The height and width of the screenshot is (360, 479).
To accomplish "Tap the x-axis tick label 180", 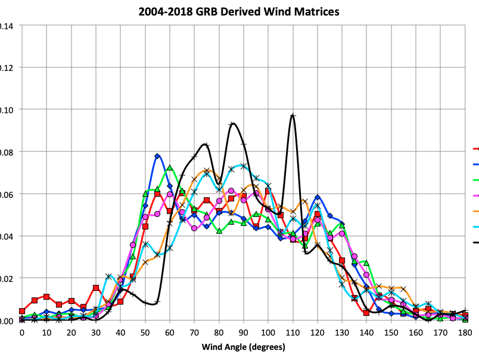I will (x=465, y=332).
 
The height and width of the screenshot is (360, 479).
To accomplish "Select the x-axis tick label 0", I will (x=22, y=332).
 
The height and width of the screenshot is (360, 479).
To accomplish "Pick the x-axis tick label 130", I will (x=342, y=332).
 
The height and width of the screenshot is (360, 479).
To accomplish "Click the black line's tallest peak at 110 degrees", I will (x=293, y=116).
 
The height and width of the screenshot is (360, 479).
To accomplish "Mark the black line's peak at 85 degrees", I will (x=232, y=123).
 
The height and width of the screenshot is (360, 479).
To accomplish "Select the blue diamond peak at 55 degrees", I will (x=157, y=156).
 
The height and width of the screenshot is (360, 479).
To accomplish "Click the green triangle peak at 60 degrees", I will (x=170, y=167).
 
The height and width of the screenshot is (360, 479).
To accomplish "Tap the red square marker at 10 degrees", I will (x=46, y=297).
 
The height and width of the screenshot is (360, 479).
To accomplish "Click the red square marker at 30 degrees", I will (x=96, y=288).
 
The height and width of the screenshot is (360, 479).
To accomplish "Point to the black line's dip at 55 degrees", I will (x=156, y=303).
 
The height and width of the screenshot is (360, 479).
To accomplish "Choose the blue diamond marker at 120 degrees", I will (x=318, y=197).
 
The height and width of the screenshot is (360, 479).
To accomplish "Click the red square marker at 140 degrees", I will (x=366, y=313).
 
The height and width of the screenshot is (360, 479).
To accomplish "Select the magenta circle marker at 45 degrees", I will (x=133, y=245).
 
